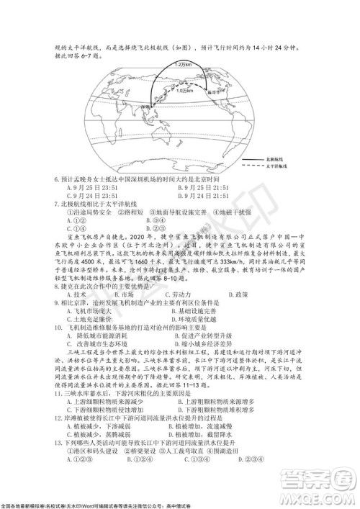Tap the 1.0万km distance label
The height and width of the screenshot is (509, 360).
click(x=186, y=92)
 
